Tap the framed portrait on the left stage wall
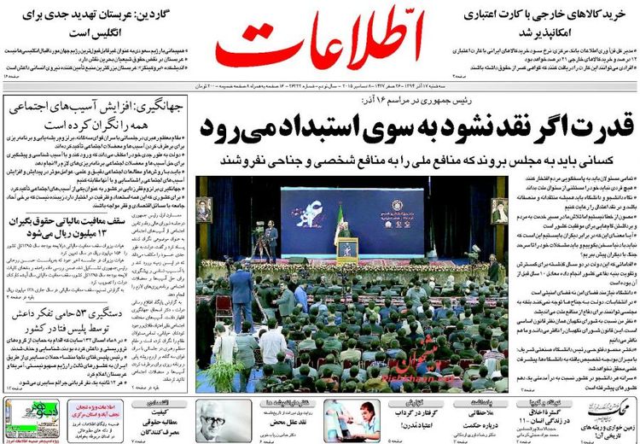203,210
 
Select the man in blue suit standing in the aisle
241,295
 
